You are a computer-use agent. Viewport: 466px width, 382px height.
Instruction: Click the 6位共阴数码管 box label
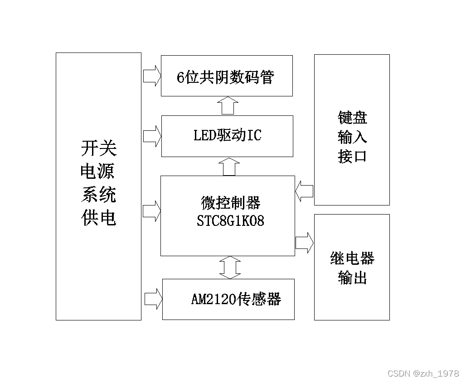click(225, 77)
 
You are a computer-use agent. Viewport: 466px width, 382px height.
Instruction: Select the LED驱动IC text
click(227, 135)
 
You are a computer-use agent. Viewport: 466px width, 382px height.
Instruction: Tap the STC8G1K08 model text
click(230, 221)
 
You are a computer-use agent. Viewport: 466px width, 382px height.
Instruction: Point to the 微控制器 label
click(231, 203)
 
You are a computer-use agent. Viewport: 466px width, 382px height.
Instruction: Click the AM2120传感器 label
click(236, 299)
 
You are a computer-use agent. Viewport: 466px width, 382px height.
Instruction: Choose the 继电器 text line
click(352, 258)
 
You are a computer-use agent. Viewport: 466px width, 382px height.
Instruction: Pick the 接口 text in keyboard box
click(352, 156)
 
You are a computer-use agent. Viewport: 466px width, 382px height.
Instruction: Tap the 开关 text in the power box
click(98, 148)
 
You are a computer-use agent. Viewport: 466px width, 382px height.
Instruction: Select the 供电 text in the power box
click(98, 218)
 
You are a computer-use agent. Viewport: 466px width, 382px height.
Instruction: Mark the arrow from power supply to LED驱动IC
click(152, 136)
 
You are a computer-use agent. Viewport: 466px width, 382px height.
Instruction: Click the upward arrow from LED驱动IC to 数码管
click(227, 105)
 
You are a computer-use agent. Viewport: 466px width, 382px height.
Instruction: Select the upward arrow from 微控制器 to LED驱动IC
click(230, 167)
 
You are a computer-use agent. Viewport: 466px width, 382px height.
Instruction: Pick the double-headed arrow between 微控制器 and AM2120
click(230, 267)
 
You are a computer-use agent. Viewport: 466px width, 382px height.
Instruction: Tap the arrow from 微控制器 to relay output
click(305, 242)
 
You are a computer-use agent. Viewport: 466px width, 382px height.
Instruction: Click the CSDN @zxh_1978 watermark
click(423, 373)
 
